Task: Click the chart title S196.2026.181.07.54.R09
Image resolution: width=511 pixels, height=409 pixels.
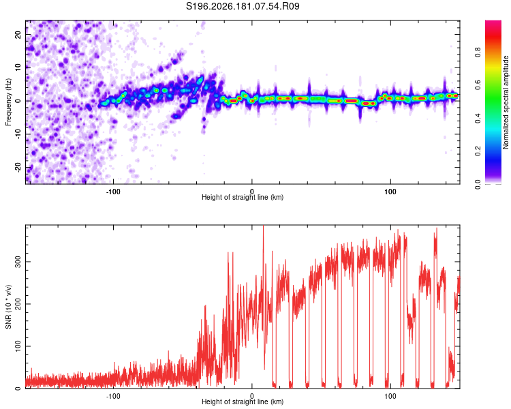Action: [x=243, y=6]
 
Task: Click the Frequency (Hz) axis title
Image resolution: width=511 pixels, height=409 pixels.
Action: [x=8, y=102]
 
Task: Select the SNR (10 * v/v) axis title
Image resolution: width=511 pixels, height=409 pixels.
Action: [x=8, y=307]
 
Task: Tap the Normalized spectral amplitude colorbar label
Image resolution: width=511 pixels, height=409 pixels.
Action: [x=506, y=102]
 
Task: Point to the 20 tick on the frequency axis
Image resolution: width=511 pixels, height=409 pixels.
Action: [x=18, y=34]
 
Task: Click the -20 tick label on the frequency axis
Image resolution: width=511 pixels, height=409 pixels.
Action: [x=18, y=168]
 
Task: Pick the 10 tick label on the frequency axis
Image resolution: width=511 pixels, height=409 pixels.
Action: [x=18, y=67]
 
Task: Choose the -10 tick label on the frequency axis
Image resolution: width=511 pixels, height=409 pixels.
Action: [x=18, y=134]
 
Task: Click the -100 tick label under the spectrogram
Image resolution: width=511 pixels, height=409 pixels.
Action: [x=113, y=192]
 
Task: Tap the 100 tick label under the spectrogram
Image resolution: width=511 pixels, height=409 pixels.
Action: [x=390, y=192]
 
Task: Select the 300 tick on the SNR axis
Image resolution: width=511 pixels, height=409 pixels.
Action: [x=18, y=262]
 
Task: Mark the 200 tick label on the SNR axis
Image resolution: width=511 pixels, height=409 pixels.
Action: [x=18, y=304]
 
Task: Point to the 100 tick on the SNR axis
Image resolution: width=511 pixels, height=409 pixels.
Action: [x=18, y=346]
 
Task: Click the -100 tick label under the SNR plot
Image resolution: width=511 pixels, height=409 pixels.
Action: [x=113, y=396]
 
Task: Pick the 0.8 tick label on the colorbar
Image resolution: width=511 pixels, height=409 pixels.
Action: [x=478, y=52]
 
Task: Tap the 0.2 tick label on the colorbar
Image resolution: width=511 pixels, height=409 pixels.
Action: [x=478, y=151]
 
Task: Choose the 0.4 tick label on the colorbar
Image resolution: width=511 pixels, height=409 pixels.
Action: [x=478, y=118]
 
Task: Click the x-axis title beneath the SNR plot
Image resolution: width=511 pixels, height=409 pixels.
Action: [x=243, y=402]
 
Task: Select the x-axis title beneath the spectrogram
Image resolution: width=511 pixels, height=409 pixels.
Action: [x=243, y=197]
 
